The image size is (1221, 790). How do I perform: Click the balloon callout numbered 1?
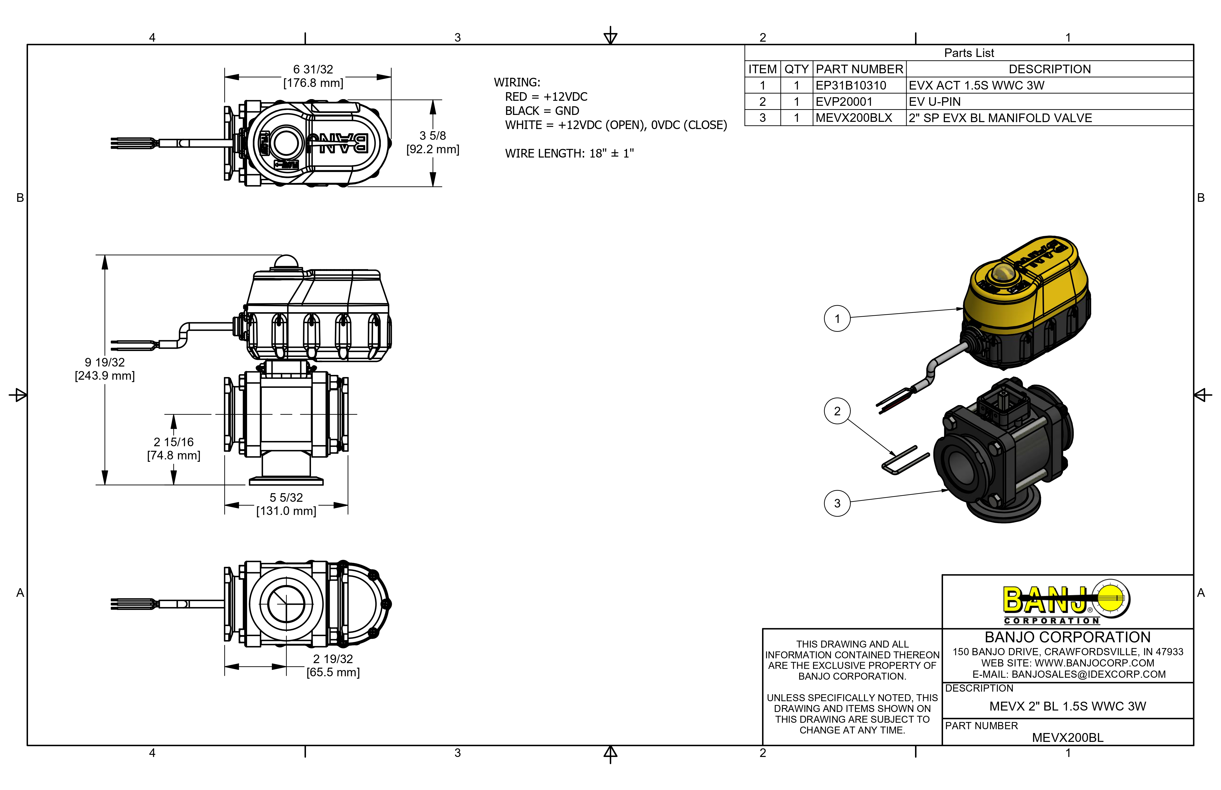837,319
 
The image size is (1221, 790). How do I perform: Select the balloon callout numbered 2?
837,411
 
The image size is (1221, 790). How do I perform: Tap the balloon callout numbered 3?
837,503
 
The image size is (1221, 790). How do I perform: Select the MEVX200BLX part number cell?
854,118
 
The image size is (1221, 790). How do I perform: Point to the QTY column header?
796,69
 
